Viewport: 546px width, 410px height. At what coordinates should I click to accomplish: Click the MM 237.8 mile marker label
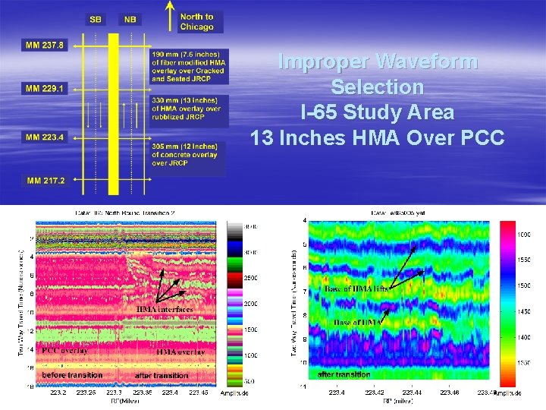point(45,46)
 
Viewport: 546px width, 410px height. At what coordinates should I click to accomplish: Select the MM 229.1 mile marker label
point(45,89)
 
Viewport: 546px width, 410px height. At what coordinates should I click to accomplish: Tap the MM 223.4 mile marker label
point(45,137)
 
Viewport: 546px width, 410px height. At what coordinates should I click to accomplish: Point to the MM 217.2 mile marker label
point(45,181)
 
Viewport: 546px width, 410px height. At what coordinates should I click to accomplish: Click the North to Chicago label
point(196,22)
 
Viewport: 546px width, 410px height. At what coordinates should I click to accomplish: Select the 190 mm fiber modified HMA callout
point(188,67)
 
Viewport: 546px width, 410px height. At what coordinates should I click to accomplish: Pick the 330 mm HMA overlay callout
point(187,109)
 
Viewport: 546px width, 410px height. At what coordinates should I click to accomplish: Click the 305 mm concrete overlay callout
point(185,154)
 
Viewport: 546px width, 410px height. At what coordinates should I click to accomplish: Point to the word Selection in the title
point(377,87)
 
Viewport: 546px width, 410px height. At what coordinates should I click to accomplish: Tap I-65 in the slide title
point(319,113)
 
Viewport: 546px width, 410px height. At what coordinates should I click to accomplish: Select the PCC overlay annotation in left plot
point(65,351)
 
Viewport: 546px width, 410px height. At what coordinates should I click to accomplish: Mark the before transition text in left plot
point(73,375)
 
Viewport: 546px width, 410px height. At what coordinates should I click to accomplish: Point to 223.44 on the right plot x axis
point(412,393)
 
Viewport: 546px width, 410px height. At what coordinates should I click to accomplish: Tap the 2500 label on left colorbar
point(249,279)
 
